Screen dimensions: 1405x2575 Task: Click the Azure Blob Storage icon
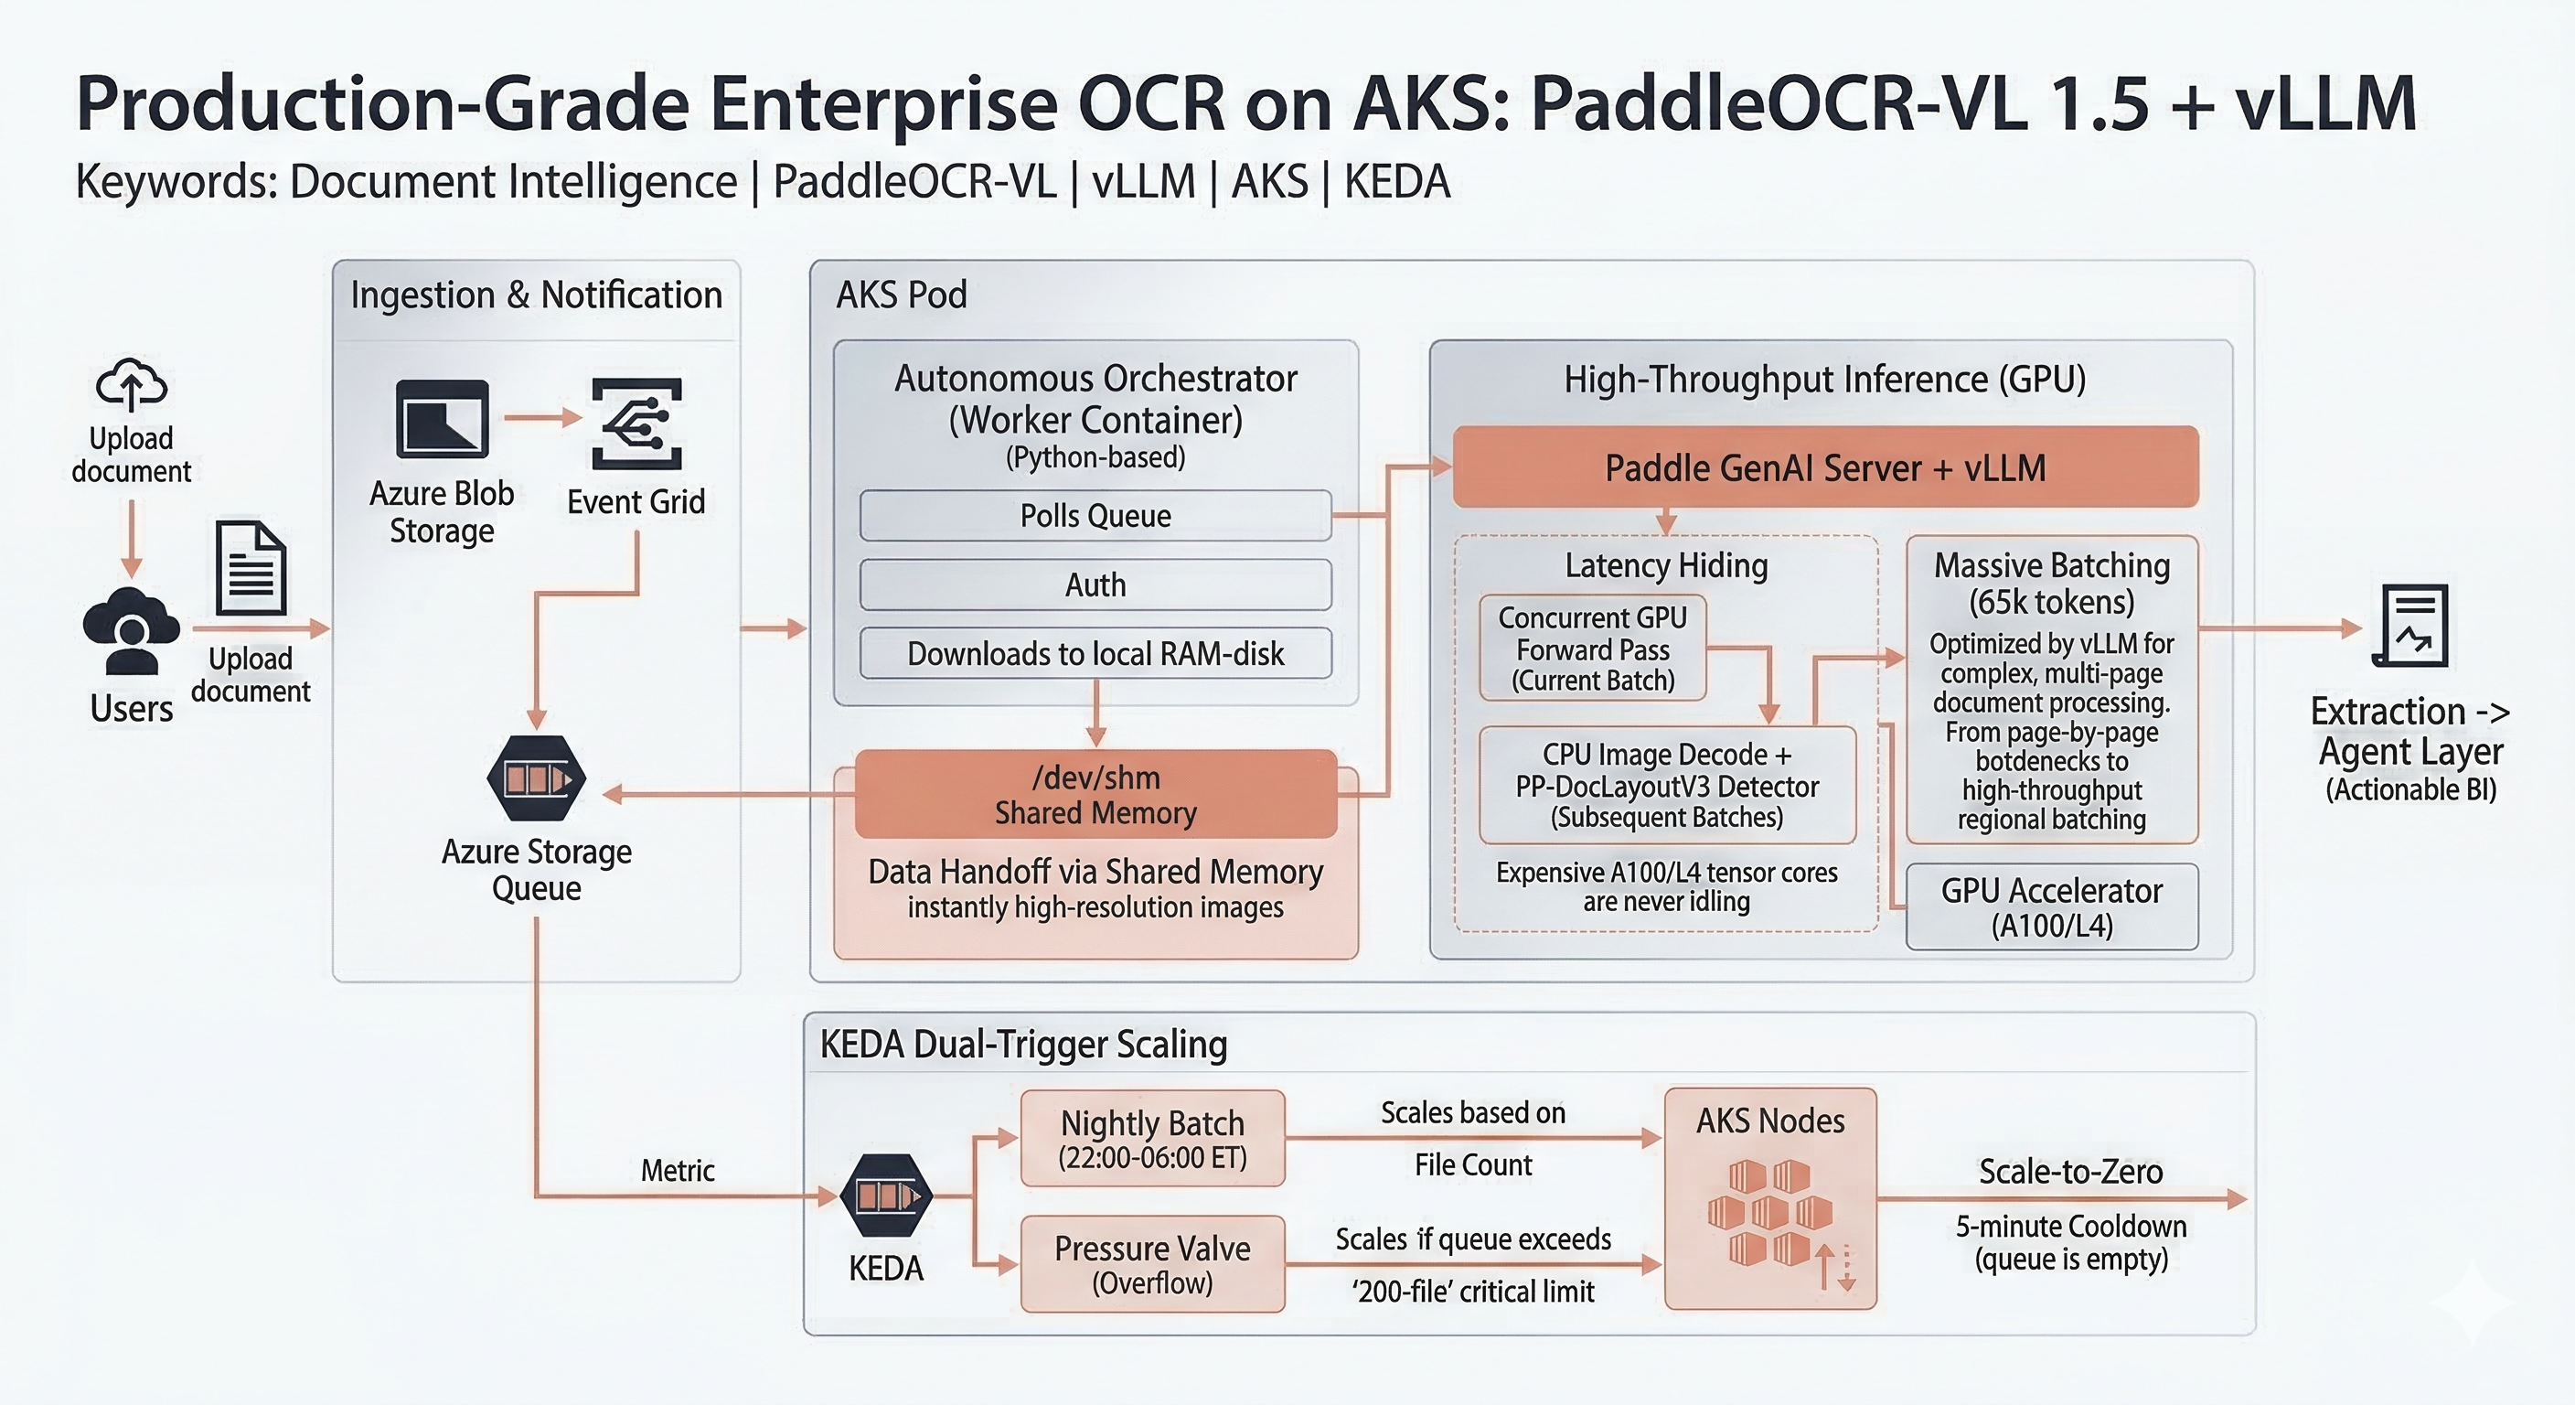pyautogui.click(x=442, y=418)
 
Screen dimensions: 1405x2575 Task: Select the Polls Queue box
pyautogui.click(x=1095, y=516)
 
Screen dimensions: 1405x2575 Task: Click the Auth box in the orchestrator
pyautogui.click(x=1095, y=585)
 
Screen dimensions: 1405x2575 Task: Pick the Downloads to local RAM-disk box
pyautogui.click(x=1095, y=654)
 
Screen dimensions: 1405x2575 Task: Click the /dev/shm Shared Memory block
pyautogui.click(x=1095, y=795)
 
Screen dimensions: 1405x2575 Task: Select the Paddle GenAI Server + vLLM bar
pyautogui.click(x=1824, y=468)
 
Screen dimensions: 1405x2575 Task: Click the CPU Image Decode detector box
pyautogui.click(x=1666, y=785)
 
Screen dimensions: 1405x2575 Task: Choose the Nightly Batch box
pyautogui.click(x=1152, y=1139)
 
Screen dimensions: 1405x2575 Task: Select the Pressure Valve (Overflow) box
pyautogui.click(x=1152, y=1264)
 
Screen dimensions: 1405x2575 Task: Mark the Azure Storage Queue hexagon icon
pyautogui.click(x=537, y=779)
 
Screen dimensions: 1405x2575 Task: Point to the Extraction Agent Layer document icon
pyautogui.click(x=2410, y=626)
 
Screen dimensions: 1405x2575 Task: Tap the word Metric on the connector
pyautogui.click(x=678, y=1171)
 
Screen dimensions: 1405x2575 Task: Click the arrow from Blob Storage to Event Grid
pyautogui.click(x=541, y=417)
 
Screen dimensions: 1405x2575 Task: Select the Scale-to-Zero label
pyautogui.click(x=2070, y=1172)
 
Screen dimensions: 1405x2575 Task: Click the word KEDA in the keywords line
pyautogui.click(x=1396, y=182)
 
